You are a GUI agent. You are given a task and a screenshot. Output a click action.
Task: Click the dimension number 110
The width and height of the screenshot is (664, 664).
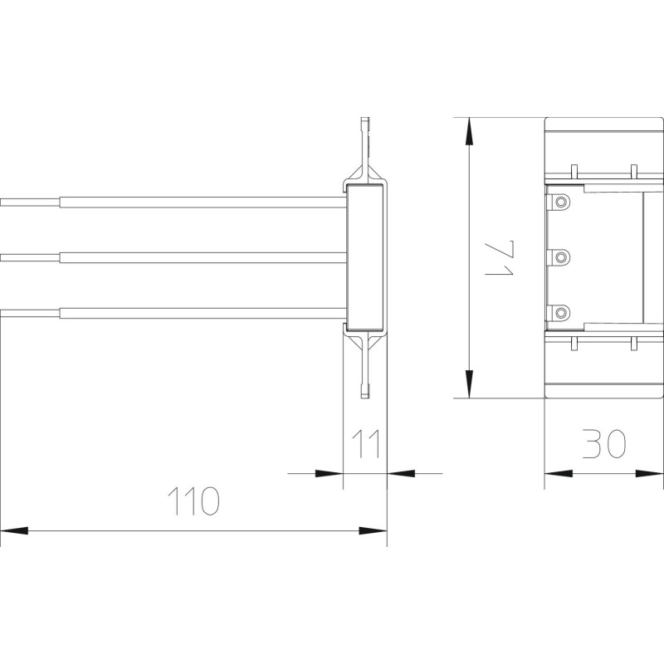click(194, 501)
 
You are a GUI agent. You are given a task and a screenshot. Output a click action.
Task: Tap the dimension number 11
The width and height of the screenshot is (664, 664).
click(365, 444)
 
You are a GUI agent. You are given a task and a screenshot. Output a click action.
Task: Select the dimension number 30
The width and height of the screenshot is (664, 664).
click(604, 444)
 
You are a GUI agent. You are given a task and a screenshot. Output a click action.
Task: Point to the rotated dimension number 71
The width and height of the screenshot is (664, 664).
click(500, 257)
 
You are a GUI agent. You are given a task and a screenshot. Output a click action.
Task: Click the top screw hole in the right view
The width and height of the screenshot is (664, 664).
click(561, 202)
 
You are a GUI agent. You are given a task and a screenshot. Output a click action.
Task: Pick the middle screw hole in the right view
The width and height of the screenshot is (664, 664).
click(561, 257)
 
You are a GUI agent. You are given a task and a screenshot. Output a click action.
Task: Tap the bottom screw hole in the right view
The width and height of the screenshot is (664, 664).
click(561, 313)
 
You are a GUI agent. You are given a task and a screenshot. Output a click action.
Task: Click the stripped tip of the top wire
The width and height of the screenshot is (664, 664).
click(30, 203)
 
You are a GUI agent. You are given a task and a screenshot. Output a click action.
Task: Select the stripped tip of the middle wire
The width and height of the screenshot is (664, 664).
click(30, 257)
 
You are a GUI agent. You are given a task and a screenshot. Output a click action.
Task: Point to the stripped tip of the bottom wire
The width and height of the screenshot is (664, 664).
click(30, 313)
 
